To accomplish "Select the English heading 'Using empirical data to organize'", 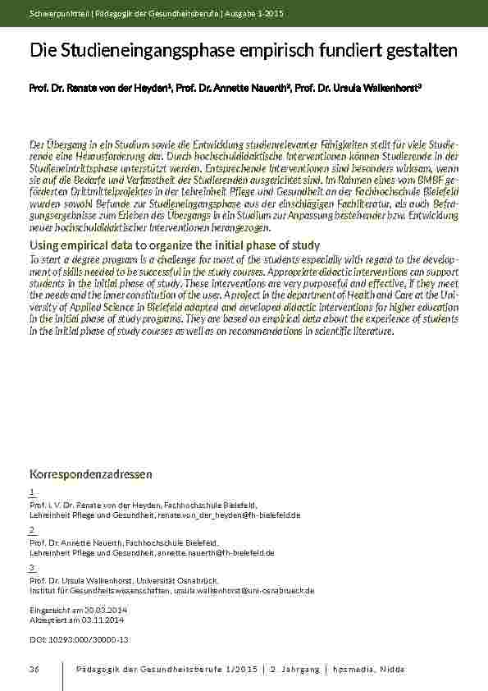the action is [174, 245].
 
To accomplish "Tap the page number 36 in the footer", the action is [34, 670].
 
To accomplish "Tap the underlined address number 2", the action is [31, 531].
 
